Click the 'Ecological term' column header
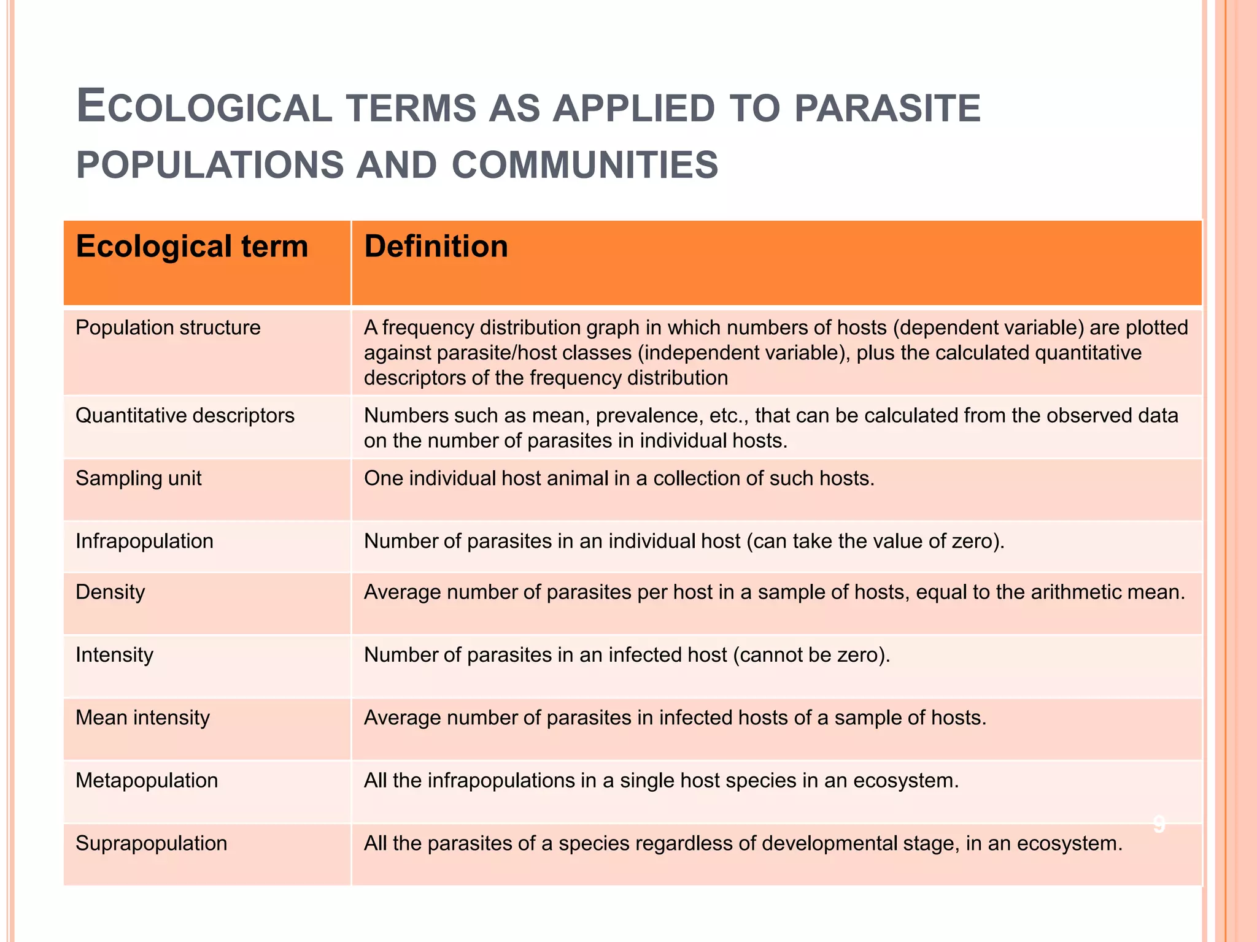(x=191, y=247)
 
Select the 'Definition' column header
(x=436, y=247)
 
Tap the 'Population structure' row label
(x=168, y=327)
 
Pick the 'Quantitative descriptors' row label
(x=185, y=416)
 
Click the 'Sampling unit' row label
(x=138, y=478)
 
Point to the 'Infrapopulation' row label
(x=144, y=542)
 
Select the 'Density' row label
(x=110, y=592)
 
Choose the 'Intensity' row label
(x=114, y=655)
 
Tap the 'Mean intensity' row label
(x=142, y=718)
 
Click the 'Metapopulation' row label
(x=147, y=781)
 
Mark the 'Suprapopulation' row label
(x=151, y=843)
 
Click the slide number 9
(x=1159, y=825)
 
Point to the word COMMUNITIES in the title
(x=584, y=166)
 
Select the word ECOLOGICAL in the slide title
(x=204, y=107)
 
